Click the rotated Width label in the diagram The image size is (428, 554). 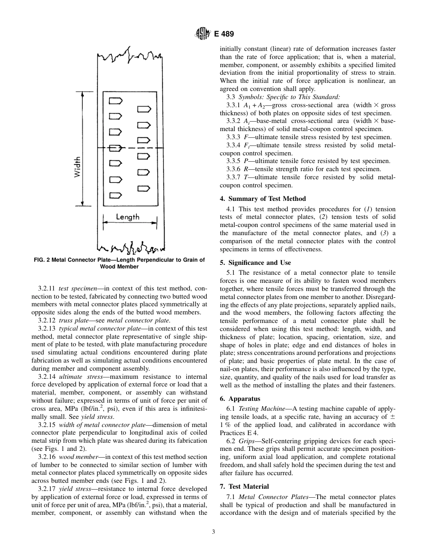[x=77, y=167]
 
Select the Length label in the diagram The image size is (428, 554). [x=127, y=217]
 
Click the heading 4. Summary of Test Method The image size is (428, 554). [x=263, y=199]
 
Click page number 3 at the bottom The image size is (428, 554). [x=214, y=532]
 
